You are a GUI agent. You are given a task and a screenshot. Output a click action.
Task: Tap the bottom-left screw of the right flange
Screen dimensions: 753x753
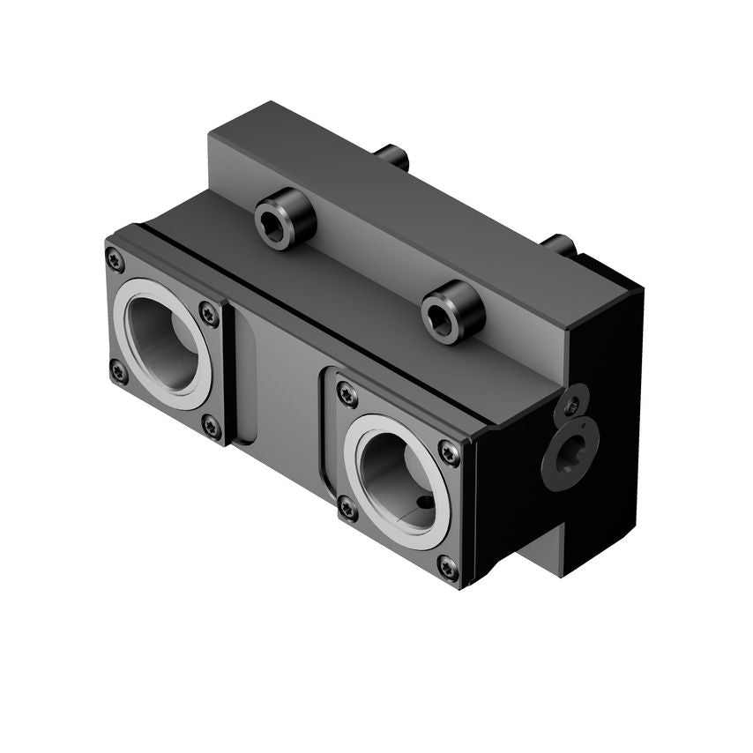347,509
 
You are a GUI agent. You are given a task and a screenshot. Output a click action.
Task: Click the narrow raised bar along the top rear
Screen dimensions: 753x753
397,203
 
